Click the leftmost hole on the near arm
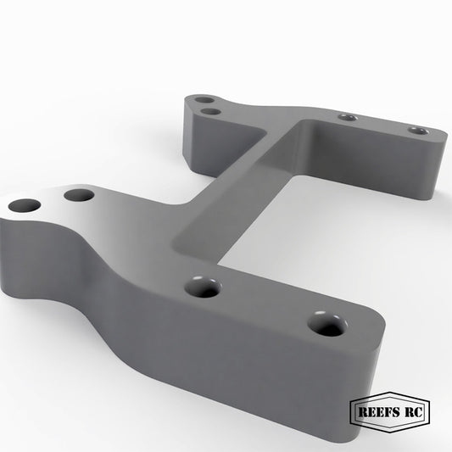pos(25,205)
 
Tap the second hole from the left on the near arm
pos(79,195)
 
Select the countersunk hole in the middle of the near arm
pos(203,287)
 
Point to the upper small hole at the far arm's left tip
pos(204,100)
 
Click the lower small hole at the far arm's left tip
pos(210,111)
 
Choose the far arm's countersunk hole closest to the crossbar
pos(348,117)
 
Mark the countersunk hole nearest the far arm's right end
pos(418,131)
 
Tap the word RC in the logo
pos(414,411)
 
